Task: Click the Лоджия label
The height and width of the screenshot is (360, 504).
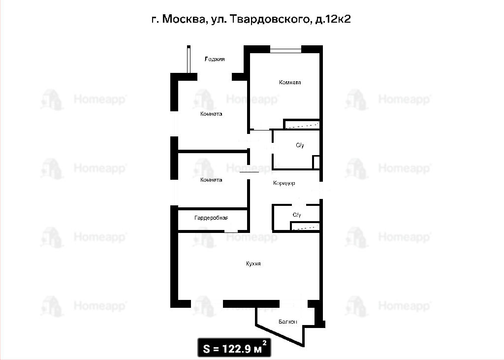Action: [215, 59]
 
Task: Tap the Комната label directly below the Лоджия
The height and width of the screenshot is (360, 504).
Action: [211, 114]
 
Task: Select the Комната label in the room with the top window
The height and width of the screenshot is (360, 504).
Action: [290, 82]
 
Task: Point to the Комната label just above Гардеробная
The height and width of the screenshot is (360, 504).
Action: [211, 180]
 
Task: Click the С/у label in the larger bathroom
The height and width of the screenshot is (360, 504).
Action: [300, 145]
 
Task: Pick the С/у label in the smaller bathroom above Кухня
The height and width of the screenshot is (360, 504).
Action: [297, 215]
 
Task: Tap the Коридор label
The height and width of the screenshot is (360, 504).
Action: [284, 183]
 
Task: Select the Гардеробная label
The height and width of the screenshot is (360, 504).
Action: [211, 218]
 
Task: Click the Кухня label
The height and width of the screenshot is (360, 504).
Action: [253, 264]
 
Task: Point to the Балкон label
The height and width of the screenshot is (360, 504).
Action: [288, 322]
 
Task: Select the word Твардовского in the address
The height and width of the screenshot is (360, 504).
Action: [271, 20]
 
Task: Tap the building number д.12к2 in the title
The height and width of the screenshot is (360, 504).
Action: [333, 19]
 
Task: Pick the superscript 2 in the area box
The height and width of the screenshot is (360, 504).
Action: [264, 343]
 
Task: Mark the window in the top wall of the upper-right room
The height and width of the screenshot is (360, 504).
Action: [285, 50]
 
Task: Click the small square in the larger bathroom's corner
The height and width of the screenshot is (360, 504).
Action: [316, 163]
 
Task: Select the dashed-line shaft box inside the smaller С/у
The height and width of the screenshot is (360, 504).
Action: [305, 227]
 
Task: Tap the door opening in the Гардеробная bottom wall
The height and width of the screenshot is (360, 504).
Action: [231, 230]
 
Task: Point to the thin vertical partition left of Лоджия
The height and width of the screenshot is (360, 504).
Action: [189, 60]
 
